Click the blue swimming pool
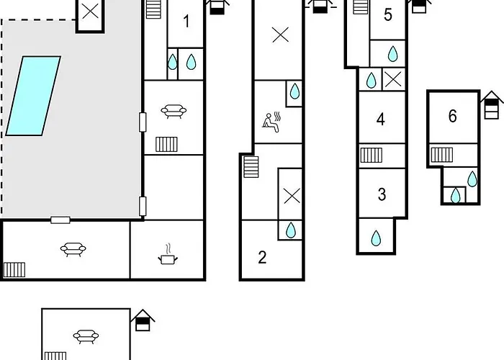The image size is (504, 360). [x=33, y=96]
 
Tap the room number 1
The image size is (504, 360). [x=186, y=22]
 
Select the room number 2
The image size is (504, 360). [x=262, y=257]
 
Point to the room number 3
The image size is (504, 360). [x=382, y=194]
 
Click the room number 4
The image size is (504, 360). [x=381, y=120]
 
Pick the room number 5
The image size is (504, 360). [x=388, y=15]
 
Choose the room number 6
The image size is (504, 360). [x=453, y=116]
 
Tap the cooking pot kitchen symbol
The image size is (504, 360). [x=168, y=255]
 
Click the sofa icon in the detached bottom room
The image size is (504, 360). [x=86, y=336]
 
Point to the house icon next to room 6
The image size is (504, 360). [x=492, y=105]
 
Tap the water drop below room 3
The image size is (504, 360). [x=376, y=238]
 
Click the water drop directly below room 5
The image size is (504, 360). [x=393, y=54]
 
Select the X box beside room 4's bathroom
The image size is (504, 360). [x=393, y=79]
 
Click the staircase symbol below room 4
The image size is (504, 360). [x=372, y=156]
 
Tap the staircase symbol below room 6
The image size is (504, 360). [x=442, y=155]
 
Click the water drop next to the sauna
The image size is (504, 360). [x=294, y=91]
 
